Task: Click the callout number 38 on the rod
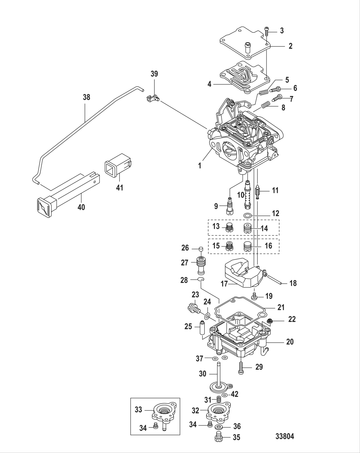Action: pos(86,97)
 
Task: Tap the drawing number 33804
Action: pos(284,437)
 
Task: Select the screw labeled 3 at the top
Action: pos(267,31)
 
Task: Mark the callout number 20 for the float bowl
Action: pos(290,342)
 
